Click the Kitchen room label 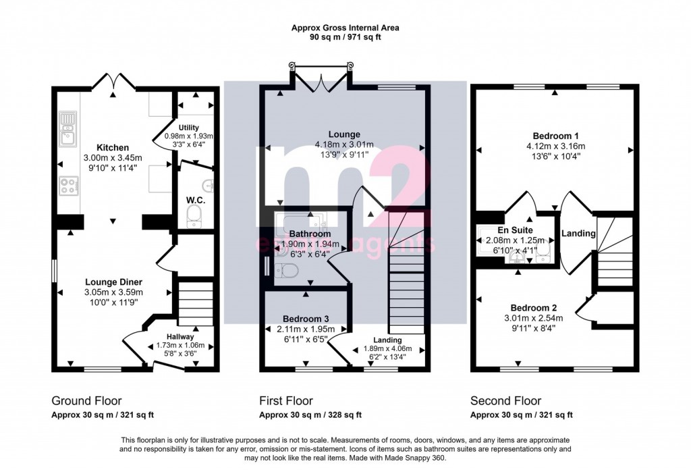pos(112,147)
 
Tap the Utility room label pos(189,127)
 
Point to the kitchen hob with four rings pos(68,185)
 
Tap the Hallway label pos(181,336)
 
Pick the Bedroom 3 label pos(306,318)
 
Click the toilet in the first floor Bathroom pos(289,271)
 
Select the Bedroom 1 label pos(555,135)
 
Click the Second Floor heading pos(505,401)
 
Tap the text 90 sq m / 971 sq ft pos(345,38)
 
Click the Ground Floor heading pos(86,401)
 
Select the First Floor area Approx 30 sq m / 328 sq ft pos(310,415)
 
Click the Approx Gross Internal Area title pos(345,28)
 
